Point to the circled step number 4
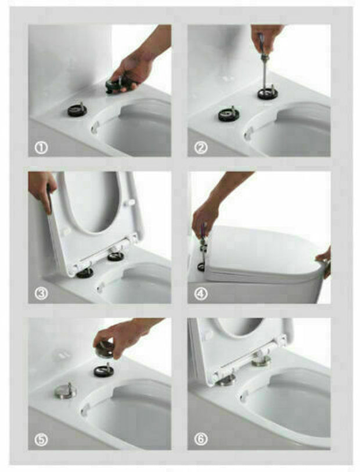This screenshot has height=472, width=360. [x=200, y=294]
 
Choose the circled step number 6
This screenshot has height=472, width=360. [x=200, y=439]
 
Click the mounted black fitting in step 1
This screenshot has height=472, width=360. [x=77, y=109]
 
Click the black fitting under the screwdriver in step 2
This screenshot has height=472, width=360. [x=268, y=93]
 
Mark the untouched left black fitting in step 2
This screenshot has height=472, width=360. [x=228, y=114]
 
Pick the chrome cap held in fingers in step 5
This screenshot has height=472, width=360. [x=106, y=348]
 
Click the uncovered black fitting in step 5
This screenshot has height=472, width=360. [x=104, y=370]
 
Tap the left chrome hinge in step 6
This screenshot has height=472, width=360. [x=227, y=380]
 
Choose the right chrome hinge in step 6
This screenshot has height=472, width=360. [x=261, y=361]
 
